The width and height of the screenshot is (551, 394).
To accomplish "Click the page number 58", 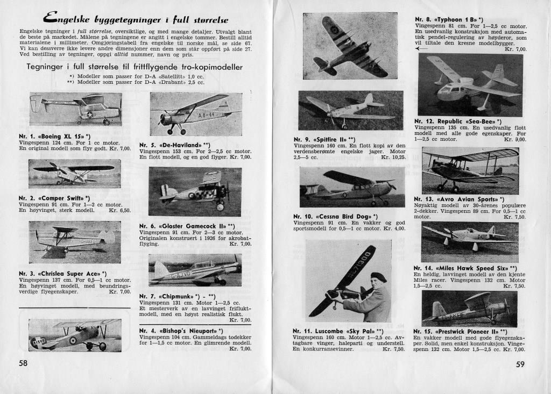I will pos(23,363).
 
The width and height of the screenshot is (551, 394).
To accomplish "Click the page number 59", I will pos(520,364).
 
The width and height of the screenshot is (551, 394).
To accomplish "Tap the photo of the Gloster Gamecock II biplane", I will pos(194,191).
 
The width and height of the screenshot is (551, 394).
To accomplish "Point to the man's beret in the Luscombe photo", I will pos(377,276).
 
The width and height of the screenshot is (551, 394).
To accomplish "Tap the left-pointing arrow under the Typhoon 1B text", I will pos(422,49).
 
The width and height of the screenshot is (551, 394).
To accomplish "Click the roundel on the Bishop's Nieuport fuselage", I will pos(71,341).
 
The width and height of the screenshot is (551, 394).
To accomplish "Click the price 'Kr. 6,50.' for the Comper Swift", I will pos(119,211).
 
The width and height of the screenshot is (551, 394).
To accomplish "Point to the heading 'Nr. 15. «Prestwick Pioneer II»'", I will pos(461,332).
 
